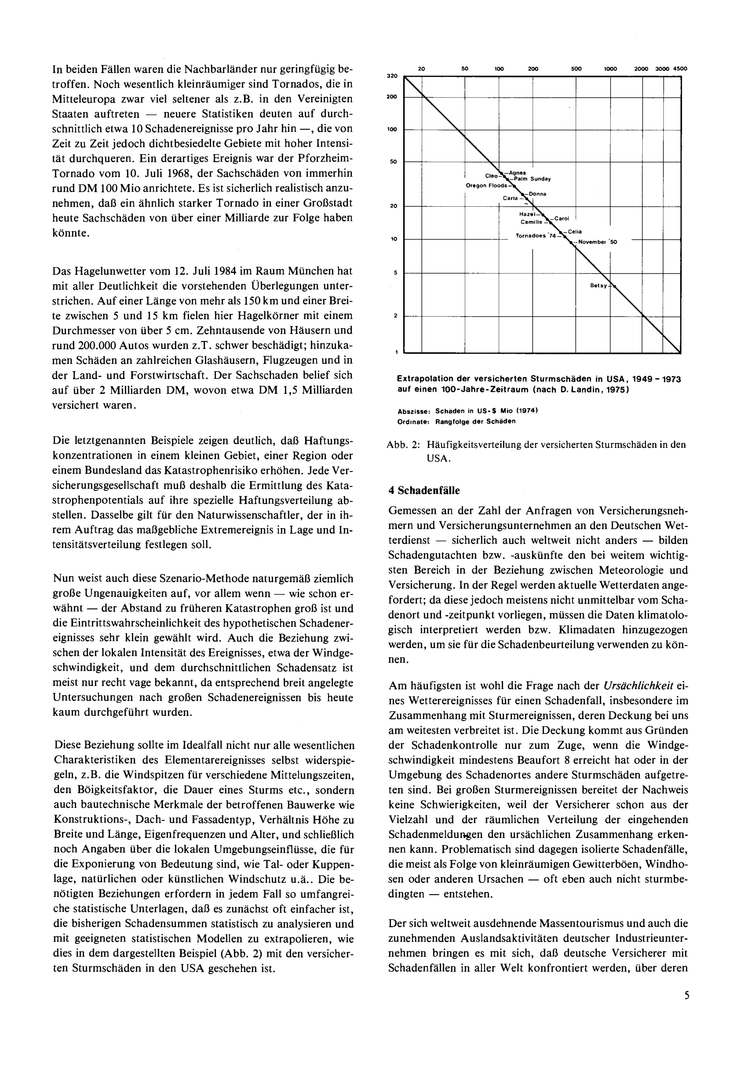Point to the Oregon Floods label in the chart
[486, 186]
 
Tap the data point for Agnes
[502, 172]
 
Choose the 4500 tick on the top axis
[680, 69]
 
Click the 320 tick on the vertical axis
[392, 76]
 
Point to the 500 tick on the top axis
[576, 69]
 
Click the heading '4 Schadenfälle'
[424, 491]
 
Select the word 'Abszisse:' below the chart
[414, 410]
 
